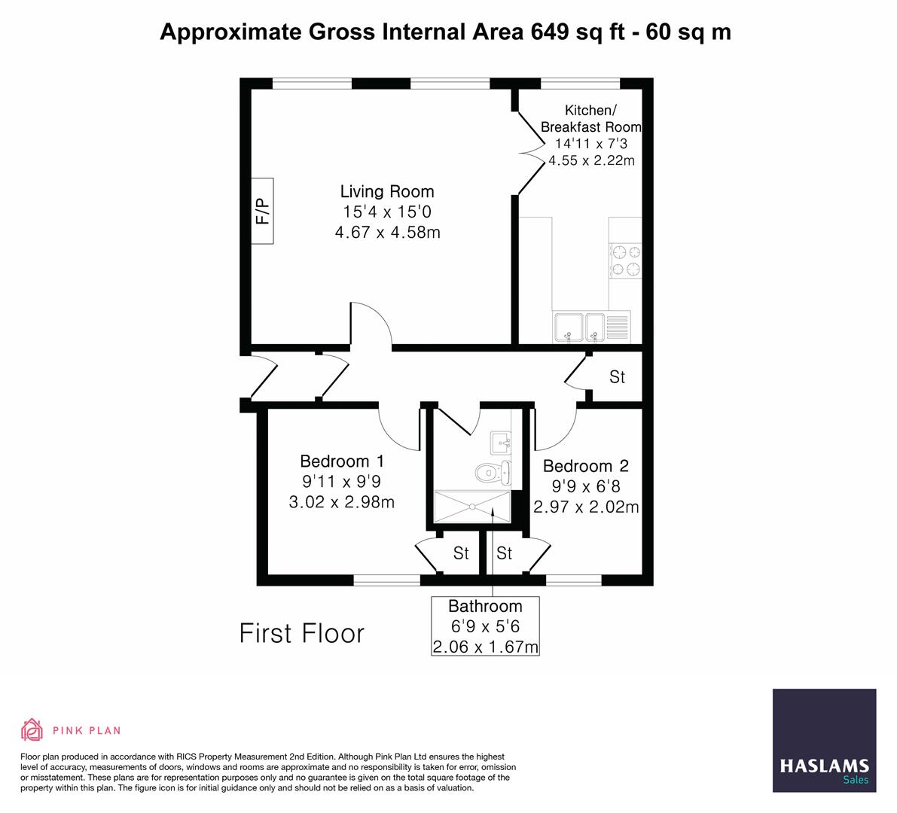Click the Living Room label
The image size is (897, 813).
pyautogui.click(x=387, y=191)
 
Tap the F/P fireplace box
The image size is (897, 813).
pyautogui.click(x=262, y=212)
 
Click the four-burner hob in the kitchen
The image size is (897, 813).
pyautogui.click(x=626, y=260)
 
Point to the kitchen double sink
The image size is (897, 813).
pyautogui.click(x=580, y=327)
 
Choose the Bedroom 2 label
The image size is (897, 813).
pyautogui.click(x=585, y=466)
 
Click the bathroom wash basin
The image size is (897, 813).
pyautogui.click(x=500, y=442)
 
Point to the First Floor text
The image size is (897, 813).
pyautogui.click(x=301, y=633)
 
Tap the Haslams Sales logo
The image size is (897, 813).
pyautogui.click(x=824, y=741)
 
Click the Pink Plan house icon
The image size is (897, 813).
pyautogui.click(x=32, y=729)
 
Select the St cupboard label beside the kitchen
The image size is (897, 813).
pyautogui.click(x=617, y=376)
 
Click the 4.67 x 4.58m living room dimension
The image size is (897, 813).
pyautogui.click(x=387, y=233)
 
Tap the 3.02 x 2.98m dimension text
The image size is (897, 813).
pyautogui.click(x=341, y=502)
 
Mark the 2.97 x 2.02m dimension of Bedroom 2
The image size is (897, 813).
pyautogui.click(x=586, y=507)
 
